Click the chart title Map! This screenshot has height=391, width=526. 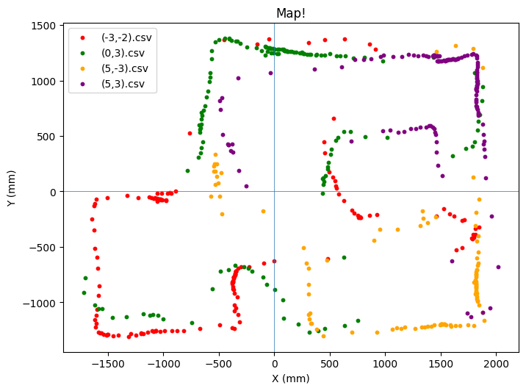click(291, 13)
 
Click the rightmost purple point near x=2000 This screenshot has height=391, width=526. click(498, 267)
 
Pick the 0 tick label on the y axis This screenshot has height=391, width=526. click(53, 192)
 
